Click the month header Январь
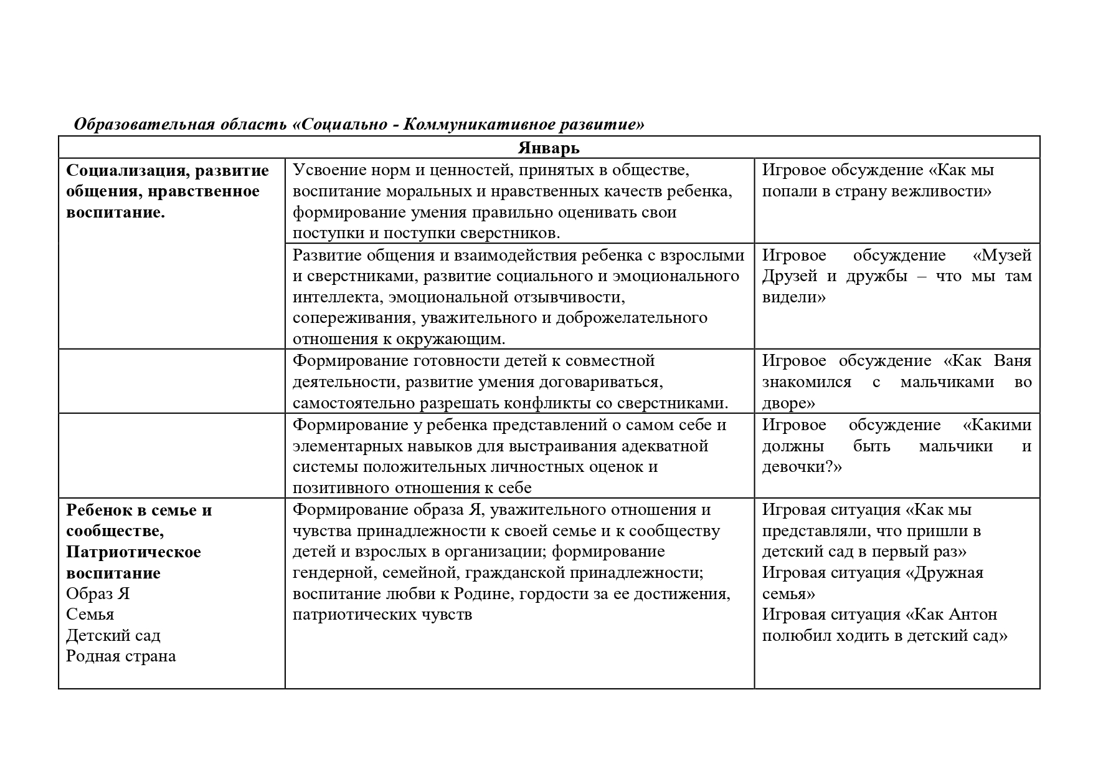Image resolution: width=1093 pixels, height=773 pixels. tap(548, 148)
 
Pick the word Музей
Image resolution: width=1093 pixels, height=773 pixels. tap(1001, 255)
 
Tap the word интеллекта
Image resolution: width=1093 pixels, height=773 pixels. tap(334, 297)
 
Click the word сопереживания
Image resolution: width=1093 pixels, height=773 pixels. tap(352, 318)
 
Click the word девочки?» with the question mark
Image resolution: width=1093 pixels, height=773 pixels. tap(802, 467)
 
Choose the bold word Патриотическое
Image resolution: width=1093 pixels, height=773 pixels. tap(133, 552)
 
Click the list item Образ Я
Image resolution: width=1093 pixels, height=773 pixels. tap(98, 593)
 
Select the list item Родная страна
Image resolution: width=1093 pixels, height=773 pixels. tap(121, 656)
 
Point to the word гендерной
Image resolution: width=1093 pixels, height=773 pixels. tap(331, 573)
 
